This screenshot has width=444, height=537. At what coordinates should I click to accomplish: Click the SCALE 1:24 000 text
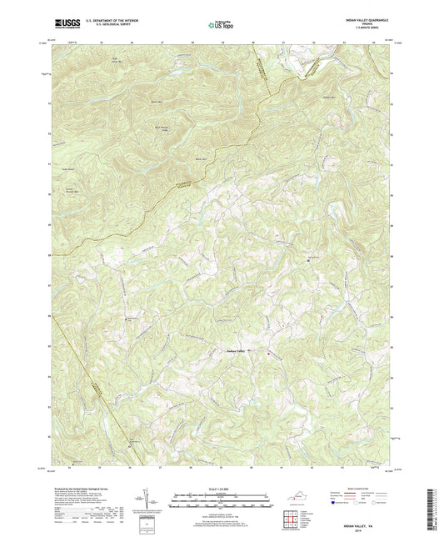coord(221,489)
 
